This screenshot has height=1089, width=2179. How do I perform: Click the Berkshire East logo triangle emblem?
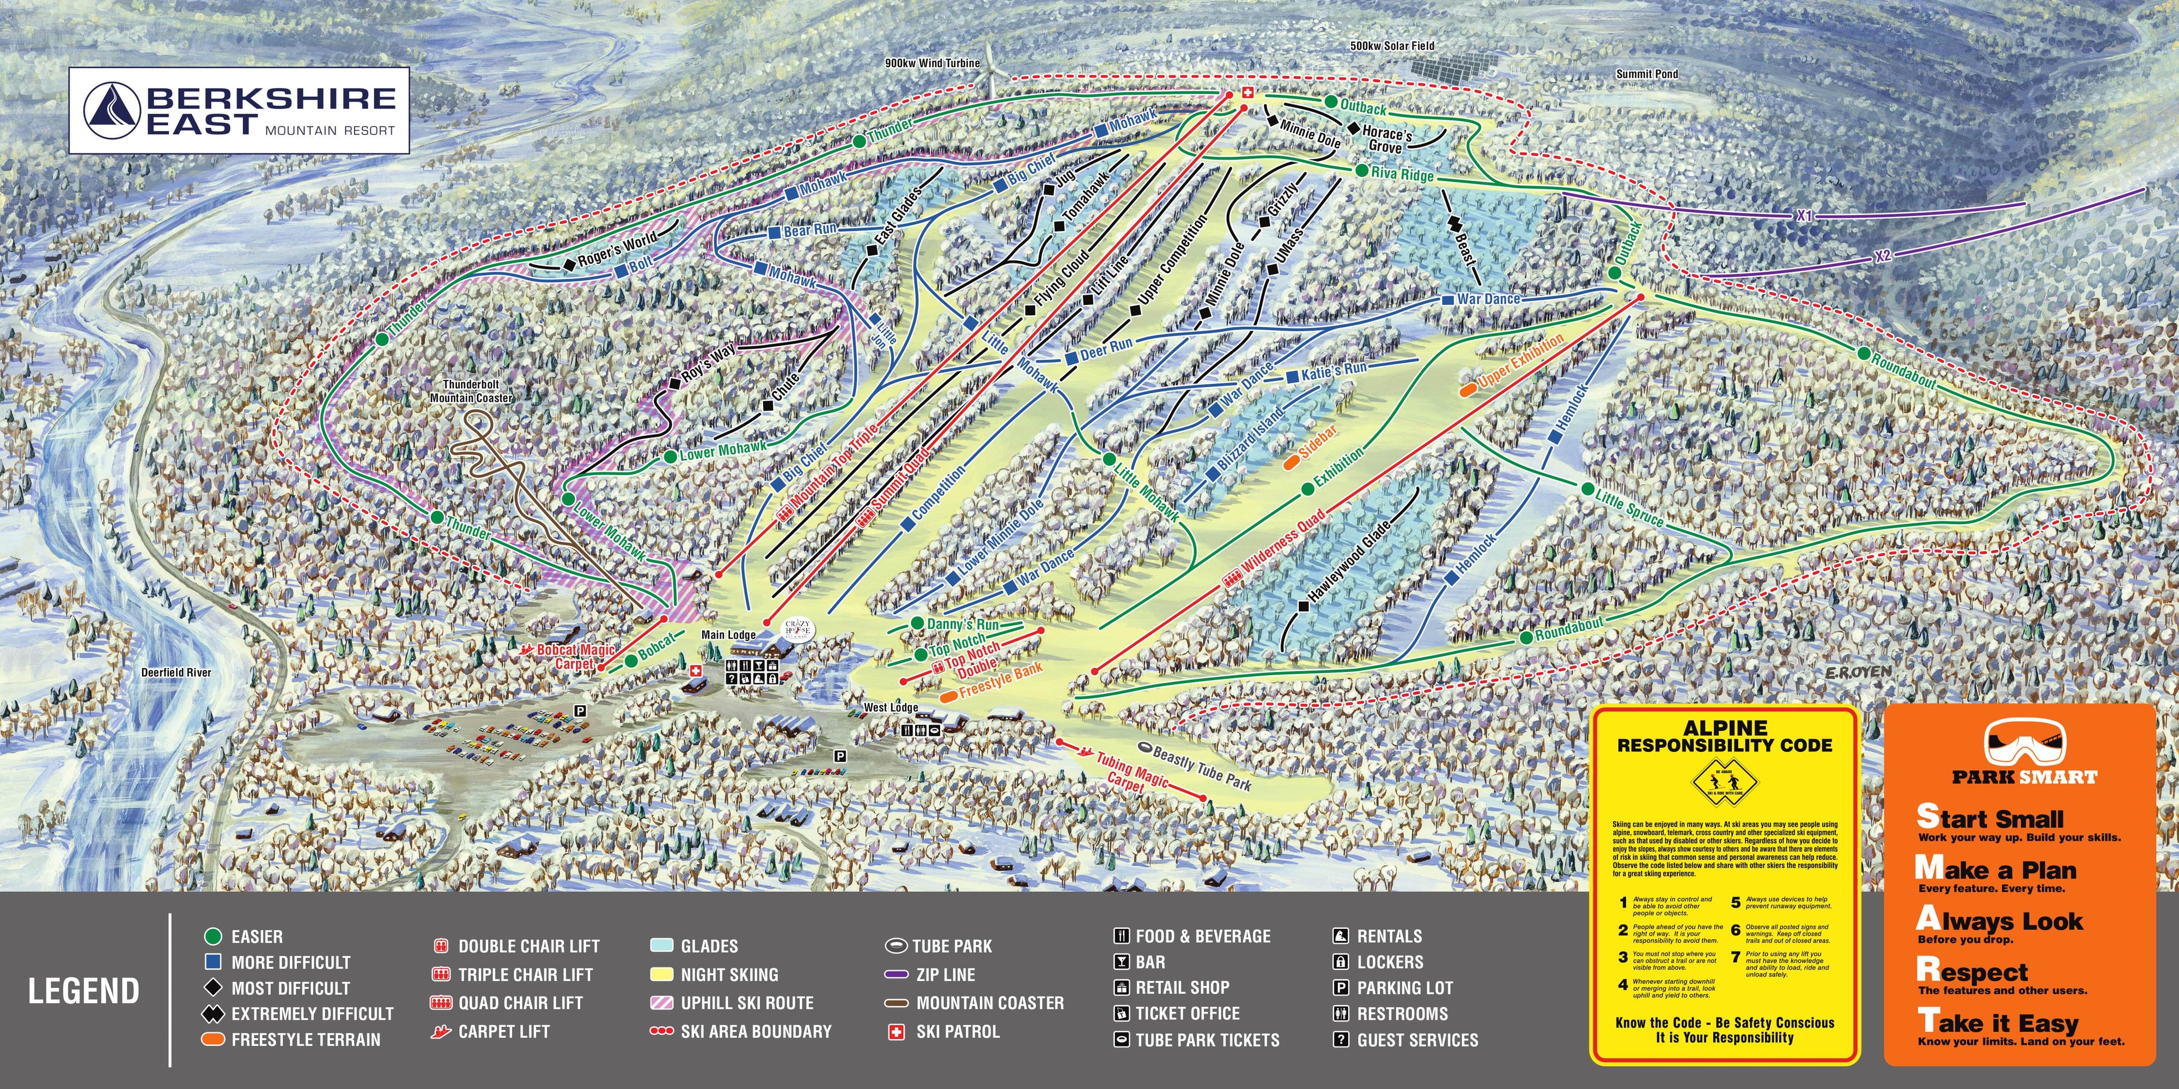[x=113, y=111]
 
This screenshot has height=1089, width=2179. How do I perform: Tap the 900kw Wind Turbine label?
[x=932, y=63]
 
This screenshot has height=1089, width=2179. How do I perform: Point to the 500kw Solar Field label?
[x=1391, y=46]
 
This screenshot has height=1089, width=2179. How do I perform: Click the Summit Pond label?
[x=1646, y=75]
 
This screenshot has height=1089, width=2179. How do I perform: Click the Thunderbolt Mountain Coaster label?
[x=471, y=391]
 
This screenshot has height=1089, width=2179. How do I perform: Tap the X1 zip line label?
[x=1804, y=217]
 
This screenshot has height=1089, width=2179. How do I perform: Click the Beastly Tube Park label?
[x=1201, y=768]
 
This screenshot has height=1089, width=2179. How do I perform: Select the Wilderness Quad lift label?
[x=1281, y=541]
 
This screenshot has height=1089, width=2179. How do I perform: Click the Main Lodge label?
[x=728, y=635]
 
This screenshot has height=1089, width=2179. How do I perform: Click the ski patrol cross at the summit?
[x=1245, y=97]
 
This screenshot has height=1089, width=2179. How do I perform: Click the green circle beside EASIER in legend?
[x=213, y=936]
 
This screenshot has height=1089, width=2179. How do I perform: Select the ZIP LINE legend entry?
[x=945, y=975]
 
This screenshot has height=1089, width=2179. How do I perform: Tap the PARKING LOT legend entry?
[x=1404, y=988]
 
